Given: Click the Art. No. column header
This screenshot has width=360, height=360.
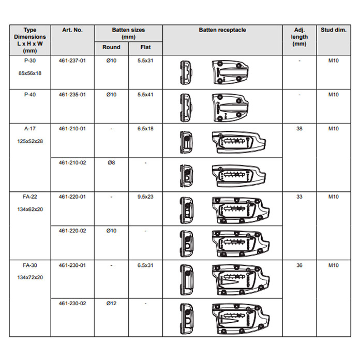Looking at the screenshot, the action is [x=72, y=30].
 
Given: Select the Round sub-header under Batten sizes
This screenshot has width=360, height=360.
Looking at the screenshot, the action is [x=111, y=47].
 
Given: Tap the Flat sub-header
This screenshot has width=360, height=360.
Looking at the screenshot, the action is [x=145, y=47].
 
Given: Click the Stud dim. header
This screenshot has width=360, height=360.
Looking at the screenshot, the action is [x=334, y=30].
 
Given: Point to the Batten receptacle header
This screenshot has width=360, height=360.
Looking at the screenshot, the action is [x=222, y=30].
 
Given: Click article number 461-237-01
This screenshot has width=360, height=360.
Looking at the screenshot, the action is [x=72, y=61].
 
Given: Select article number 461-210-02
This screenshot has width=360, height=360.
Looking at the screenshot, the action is [x=72, y=163].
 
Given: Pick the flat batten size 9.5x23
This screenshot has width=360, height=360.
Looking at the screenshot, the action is [x=145, y=197].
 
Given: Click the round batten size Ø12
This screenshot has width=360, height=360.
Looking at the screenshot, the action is [x=111, y=304].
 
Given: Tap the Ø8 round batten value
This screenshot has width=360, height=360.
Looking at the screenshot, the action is [x=111, y=163].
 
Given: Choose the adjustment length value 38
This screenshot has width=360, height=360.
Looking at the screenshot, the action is [x=299, y=129].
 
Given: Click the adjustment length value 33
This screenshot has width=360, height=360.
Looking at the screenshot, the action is [x=299, y=197].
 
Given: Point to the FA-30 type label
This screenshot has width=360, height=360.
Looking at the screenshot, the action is [x=30, y=265].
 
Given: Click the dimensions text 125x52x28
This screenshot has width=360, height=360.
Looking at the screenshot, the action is [x=30, y=141].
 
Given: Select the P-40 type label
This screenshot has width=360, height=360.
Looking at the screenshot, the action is [x=30, y=95].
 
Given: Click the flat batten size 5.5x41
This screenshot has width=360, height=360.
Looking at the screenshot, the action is [x=145, y=95].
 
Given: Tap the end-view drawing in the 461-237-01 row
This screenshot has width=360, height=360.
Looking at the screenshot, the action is [x=186, y=72].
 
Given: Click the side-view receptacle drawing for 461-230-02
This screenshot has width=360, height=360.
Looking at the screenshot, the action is [x=241, y=319].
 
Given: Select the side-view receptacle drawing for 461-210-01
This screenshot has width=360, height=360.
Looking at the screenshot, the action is [x=239, y=142].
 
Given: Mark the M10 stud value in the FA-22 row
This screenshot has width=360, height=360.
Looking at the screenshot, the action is [x=334, y=197].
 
